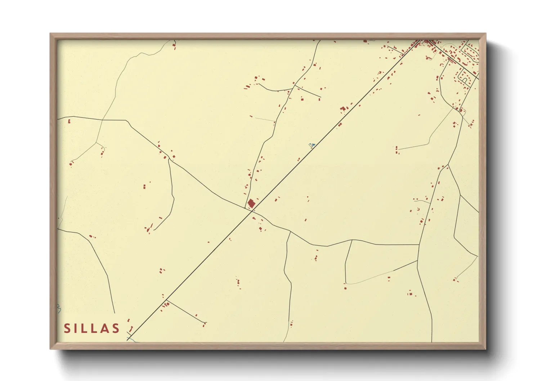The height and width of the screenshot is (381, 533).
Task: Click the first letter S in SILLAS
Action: pyautogui.click(x=67, y=328)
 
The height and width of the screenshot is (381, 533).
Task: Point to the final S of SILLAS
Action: pyautogui.click(x=116, y=328)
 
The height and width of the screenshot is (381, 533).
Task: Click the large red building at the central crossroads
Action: pyautogui.click(x=251, y=203)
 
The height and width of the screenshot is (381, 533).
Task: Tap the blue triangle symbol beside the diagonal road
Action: pyautogui.click(x=313, y=145)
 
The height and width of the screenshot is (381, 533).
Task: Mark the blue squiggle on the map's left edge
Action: pyautogui.click(x=58, y=309)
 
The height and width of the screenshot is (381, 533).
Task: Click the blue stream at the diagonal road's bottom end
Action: pyautogui.click(x=132, y=340)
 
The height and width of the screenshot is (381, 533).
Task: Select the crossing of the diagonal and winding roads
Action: pyautogui.click(x=252, y=211)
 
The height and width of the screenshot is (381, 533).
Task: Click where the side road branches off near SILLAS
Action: pyautogui.click(x=166, y=300)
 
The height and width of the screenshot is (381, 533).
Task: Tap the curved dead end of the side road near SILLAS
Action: pyautogui.click(x=205, y=322)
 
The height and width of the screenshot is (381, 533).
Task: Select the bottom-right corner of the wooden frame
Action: pyautogui.click(x=485, y=349)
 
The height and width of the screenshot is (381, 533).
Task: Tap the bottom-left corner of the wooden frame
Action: pyautogui.click(x=50, y=349)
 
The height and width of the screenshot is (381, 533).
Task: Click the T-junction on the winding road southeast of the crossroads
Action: pyautogui.click(x=290, y=232)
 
